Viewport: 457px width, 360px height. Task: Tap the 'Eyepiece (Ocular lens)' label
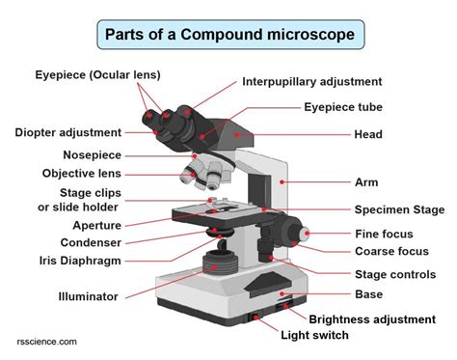pos(97,75)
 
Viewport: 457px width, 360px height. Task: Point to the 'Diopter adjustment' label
pos(67,132)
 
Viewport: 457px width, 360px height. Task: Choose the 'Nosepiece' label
pos(93,154)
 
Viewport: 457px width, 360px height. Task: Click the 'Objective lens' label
pos(82,174)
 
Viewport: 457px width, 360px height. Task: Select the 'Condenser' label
pos(91,243)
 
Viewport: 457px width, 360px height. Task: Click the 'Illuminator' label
pos(88,296)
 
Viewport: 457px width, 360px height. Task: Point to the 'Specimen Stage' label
pos(399,209)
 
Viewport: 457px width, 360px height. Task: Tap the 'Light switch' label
pos(314,336)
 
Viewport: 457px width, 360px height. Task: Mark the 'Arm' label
pos(365,181)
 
